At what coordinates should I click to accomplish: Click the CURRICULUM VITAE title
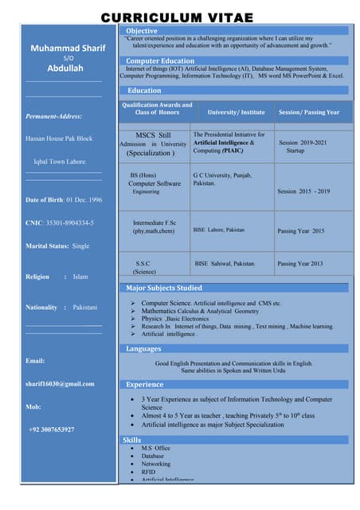tap(177, 18)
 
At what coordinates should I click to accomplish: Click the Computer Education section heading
tap(160, 61)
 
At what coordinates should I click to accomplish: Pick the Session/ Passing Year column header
tap(309, 112)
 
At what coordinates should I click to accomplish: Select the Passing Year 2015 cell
tap(300, 231)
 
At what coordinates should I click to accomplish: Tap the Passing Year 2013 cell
tap(299, 263)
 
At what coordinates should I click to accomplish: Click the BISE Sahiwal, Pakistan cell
tap(225, 263)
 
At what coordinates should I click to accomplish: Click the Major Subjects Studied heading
tap(164, 288)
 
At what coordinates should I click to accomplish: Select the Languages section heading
tap(143, 348)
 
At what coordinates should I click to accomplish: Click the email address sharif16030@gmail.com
tap(60, 383)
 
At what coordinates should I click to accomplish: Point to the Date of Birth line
tap(64, 199)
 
